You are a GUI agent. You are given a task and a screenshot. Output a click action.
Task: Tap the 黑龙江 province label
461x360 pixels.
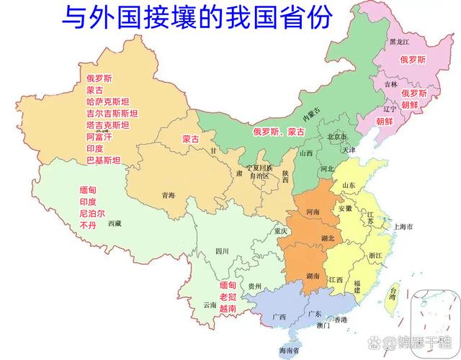coord(399,42)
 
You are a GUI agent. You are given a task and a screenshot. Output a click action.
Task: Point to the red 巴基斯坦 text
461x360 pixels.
coord(103,159)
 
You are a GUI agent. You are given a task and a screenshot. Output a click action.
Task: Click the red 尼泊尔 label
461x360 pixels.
coord(91,213)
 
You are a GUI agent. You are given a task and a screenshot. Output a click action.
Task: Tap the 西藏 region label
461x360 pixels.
coord(115,224)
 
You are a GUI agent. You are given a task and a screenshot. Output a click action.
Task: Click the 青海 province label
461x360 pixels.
coord(169,195)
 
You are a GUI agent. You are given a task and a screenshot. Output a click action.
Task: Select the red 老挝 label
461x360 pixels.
coord(228,297)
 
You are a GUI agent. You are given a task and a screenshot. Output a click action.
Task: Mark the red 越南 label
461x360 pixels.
coord(228,308)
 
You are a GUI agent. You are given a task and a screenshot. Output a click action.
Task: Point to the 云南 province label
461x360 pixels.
coord(210,305)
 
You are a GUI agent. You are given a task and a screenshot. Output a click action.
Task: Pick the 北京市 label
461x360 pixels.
coord(337,137)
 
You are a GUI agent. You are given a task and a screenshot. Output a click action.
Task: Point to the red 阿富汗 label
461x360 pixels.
coord(99,136)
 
